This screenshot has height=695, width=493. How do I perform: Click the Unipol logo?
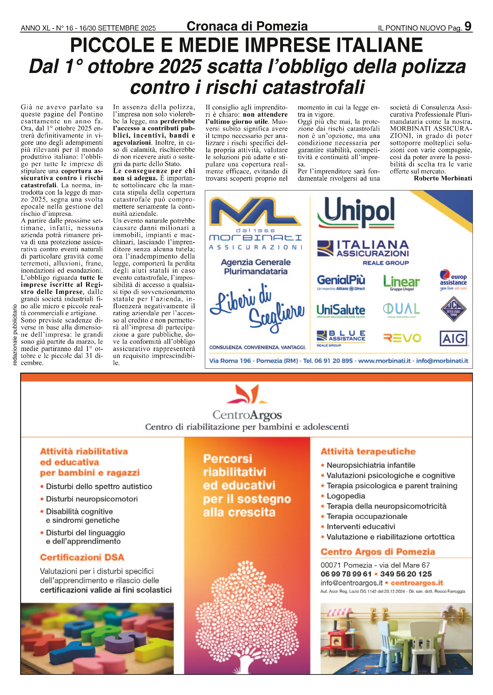tap(356, 212)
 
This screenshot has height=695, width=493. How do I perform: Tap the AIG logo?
tap(454, 338)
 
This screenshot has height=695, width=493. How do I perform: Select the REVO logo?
tap(402, 338)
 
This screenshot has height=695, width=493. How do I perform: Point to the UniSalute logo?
tap(341, 310)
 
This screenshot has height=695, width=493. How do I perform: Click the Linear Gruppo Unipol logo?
tap(401, 283)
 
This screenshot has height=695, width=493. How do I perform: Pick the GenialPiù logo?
tap(341, 282)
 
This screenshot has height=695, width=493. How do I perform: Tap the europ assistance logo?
tap(453, 280)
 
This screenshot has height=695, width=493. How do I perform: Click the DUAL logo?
tap(401, 310)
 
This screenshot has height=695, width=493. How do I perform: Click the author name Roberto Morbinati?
tap(443, 178)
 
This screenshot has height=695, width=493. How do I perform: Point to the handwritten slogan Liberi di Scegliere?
tap(257, 307)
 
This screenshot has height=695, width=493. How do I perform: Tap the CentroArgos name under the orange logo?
tap(247, 415)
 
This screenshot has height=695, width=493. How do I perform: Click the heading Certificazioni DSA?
tap(82, 557)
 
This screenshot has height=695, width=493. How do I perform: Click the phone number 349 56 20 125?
tap(406, 574)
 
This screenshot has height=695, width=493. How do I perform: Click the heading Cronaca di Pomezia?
tap(247, 26)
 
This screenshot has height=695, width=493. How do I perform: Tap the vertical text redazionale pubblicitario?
tap(15, 335)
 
